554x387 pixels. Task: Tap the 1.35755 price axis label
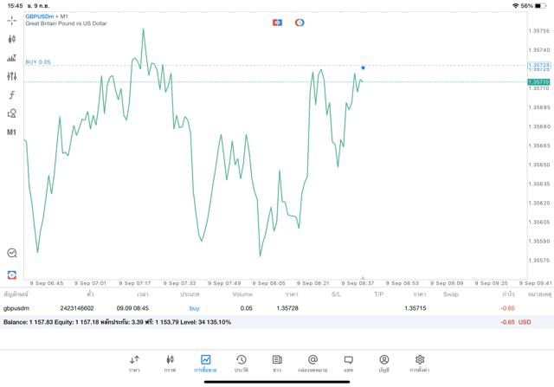click(538, 30)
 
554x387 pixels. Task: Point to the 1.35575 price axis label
click(538, 260)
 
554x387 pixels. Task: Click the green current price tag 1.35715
click(538, 82)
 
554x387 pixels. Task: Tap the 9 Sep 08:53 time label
click(403, 282)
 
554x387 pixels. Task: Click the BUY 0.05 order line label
click(38, 62)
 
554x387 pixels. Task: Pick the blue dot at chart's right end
click(363, 68)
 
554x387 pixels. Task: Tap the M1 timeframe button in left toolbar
click(12, 132)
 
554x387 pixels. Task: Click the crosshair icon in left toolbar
click(12, 20)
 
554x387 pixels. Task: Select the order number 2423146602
click(77, 307)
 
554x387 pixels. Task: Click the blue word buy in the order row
click(194, 307)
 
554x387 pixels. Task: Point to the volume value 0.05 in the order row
click(247, 307)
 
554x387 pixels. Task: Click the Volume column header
click(242, 294)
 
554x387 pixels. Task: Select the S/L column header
click(336, 294)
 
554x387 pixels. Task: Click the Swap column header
click(451, 294)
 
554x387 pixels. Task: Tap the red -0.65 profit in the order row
click(507, 307)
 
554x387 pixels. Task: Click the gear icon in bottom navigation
click(420, 359)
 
